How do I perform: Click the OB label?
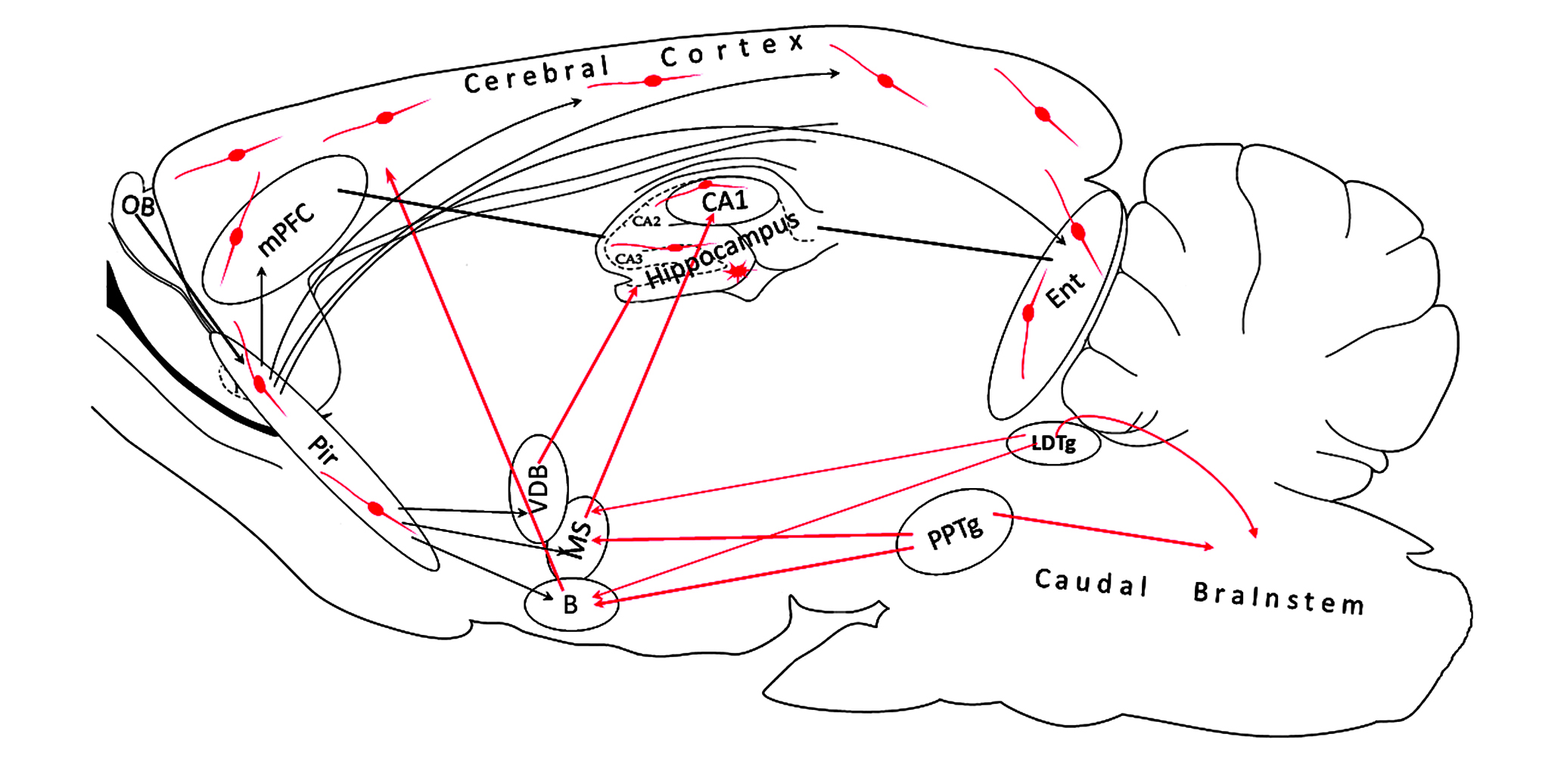138,205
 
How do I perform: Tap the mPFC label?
286,229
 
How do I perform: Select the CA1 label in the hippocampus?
724,202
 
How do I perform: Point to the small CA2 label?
646,221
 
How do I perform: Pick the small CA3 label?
629,259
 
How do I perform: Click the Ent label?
1065,290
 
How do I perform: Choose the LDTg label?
1053,443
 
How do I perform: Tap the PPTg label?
955,531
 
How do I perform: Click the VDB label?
538,488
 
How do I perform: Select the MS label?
579,539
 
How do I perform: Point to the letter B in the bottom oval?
571,605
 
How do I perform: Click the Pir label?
324,449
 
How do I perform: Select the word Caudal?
1091,583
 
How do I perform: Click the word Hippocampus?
723,250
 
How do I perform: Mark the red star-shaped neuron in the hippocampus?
738,270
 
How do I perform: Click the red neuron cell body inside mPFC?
236,237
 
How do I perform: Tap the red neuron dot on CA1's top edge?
705,184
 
